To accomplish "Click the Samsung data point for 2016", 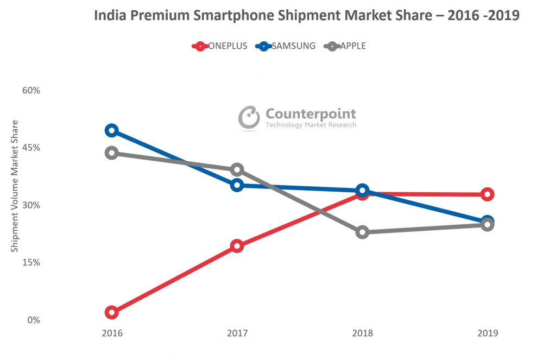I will point(112,130).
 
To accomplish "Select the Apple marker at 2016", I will point(112,153).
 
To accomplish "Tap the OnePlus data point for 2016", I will point(112,312).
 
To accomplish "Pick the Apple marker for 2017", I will point(237,170).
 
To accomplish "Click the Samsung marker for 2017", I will point(237,185).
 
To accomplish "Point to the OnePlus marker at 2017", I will point(237,246).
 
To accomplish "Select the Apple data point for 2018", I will point(362,232).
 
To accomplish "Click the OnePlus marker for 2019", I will point(487,194).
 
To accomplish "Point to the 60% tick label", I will point(31,90).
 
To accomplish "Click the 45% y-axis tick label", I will point(31,148).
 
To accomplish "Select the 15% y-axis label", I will point(31,262).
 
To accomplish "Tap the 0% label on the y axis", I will point(34,320).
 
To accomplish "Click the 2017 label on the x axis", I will point(237,333).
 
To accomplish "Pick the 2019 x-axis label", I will point(487,333).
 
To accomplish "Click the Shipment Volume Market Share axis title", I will point(15,186).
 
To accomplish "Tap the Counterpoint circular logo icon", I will point(249,117).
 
